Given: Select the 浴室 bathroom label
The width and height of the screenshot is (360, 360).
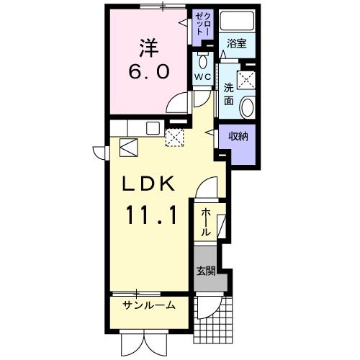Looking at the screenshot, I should point(237,43).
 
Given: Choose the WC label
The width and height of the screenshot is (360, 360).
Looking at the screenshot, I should point(202,76).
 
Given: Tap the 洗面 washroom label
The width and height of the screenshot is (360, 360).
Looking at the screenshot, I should point(228,94).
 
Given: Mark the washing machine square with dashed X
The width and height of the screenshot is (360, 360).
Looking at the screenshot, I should point(248,79).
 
